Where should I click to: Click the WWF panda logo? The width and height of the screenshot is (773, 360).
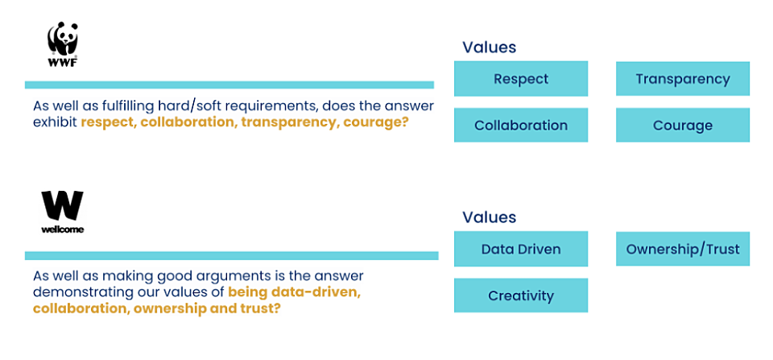[62, 45]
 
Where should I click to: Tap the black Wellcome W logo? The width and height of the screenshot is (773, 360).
[62, 212]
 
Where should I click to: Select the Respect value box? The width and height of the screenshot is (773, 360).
[521, 78]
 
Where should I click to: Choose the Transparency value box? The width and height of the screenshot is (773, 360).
[682, 78]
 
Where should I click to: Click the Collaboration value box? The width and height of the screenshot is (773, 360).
[521, 126]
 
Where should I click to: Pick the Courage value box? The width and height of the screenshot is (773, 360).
[682, 126]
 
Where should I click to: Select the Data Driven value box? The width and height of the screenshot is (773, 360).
[521, 249]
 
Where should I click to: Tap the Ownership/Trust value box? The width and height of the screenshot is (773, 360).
[682, 249]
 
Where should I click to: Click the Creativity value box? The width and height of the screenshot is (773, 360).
[521, 296]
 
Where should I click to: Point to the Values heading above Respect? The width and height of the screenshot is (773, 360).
[489, 48]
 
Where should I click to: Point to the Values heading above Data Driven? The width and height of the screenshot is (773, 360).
[489, 217]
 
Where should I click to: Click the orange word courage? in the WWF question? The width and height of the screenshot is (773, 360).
[376, 122]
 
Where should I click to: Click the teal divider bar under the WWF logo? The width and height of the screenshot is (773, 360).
[229, 85]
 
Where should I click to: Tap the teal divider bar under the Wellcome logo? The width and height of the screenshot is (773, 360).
[231, 255]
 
